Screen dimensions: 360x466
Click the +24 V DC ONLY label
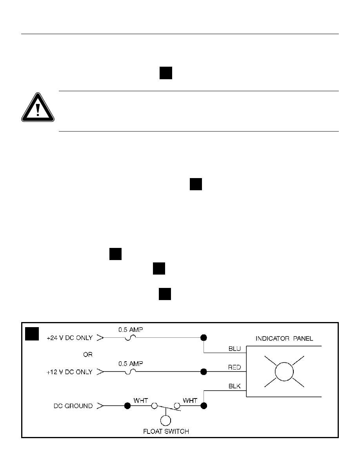coord(69,337)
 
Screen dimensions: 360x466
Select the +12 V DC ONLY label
coord(69,372)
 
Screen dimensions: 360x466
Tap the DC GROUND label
coord(73,406)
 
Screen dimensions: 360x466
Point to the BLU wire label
coord(234,348)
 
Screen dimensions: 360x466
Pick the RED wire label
coord(234,367)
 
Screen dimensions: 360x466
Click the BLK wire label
coord(234,387)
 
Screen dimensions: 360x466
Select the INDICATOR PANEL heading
coord(285,338)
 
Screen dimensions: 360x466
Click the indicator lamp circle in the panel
coord(284,371)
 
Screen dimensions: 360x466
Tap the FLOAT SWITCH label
coord(165,431)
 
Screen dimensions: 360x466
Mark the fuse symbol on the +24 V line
coord(131,337)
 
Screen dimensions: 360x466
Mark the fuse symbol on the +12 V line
coord(131,371)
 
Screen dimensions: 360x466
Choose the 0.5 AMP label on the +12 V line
coord(131,364)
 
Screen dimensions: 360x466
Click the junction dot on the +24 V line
coord(204,337)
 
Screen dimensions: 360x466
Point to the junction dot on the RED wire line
coord(204,371)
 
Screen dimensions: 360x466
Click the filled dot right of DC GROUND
coord(127,406)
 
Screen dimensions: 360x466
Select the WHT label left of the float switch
coord(140,400)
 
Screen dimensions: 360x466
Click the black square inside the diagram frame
coord(31,333)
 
